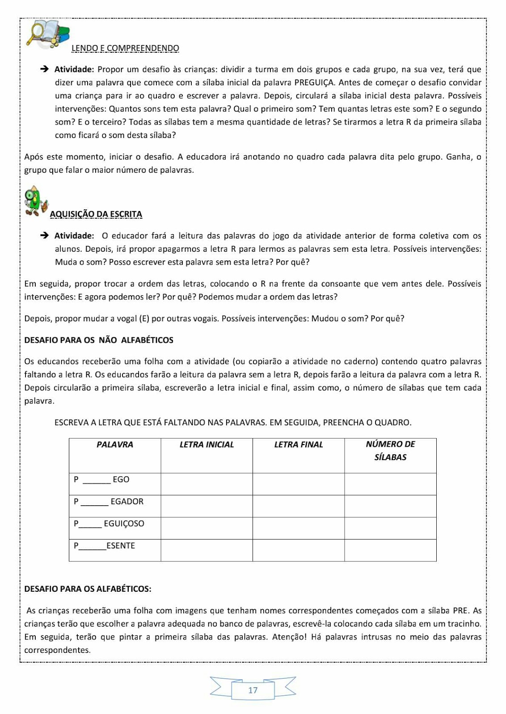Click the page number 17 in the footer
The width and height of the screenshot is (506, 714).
pos(253,690)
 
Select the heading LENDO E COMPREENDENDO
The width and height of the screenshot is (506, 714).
pos(125,48)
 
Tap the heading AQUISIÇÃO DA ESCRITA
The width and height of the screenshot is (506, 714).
pos(96,214)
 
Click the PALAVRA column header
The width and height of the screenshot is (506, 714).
pos(115,444)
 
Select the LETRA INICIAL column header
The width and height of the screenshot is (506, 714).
pos(207,444)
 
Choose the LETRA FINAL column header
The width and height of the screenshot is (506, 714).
pos(299,444)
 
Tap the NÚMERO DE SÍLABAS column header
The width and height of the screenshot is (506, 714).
pos(390,450)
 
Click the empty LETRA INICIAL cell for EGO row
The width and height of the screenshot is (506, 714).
pos(207,484)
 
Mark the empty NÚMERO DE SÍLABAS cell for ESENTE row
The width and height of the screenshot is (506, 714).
pos(390,550)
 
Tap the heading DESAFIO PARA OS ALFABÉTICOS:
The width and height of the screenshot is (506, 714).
pos(88,589)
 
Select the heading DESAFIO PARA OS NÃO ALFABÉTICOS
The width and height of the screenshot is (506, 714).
pos(99,340)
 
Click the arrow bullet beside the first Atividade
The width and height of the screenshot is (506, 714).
pos(44,69)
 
